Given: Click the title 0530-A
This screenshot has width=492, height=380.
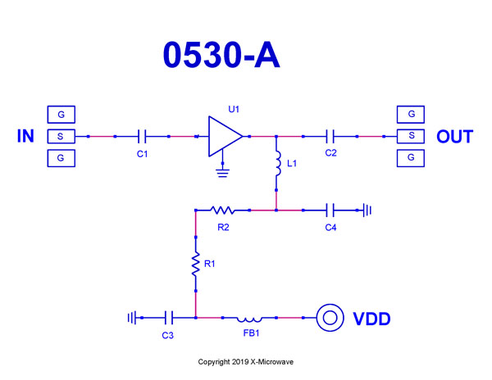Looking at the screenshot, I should point(221,55).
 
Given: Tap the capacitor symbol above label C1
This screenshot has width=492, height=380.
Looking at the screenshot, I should point(142,136).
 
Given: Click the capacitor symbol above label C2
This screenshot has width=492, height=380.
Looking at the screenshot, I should point(331,136).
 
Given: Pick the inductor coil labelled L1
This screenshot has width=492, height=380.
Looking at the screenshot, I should point(277,163).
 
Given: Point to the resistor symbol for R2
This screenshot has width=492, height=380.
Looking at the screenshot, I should point(223,210).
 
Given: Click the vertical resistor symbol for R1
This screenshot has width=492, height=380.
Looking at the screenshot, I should point(196,264).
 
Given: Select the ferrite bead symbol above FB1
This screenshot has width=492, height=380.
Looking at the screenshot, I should point(249,317).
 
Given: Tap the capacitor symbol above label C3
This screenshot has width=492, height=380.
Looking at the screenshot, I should point(169,317).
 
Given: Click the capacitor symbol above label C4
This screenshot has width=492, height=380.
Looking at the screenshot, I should point(331,210).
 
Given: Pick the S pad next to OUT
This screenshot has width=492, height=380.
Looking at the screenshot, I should point(411,136).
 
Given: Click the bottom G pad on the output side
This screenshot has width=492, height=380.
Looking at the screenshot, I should point(411,157).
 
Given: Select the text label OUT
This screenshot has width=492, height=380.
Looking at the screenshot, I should point(454,137).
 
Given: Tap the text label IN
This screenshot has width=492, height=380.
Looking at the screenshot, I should point(26,137).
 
